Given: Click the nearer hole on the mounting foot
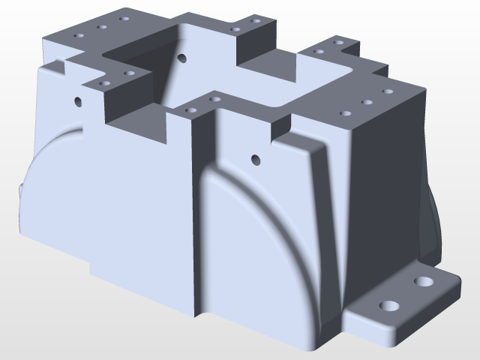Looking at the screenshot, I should click(x=389, y=307).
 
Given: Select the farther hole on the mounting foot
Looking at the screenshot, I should click(x=424, y=283).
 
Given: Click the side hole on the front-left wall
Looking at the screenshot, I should click(x=78, y=100).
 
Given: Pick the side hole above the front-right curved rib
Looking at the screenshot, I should click(x=256, y=159).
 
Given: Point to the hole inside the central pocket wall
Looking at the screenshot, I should click(x=181, y=57).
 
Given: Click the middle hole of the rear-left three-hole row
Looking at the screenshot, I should click(x=102, y=27).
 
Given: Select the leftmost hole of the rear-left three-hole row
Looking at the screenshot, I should click(x=79, y=35).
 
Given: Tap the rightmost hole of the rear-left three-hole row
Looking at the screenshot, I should click(x=124, y=18).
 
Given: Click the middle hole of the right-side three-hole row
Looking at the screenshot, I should click(x=367, y=102).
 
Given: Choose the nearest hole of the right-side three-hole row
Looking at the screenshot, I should click(x=346, y=113).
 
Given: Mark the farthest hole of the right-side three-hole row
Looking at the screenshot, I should click(x=388, y=91).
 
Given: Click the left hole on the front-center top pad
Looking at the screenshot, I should click(x=190, y=109).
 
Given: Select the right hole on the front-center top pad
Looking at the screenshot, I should click(x=214, y=98).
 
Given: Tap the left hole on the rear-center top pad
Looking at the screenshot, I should click(x=235, y=29).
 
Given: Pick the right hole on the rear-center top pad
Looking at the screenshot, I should click(x=256, y=20).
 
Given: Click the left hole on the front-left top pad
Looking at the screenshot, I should click(x=105, y=82).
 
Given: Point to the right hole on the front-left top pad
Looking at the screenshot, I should click(x=129, y=73).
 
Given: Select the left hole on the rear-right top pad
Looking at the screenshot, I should click(x=319, y=52).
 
